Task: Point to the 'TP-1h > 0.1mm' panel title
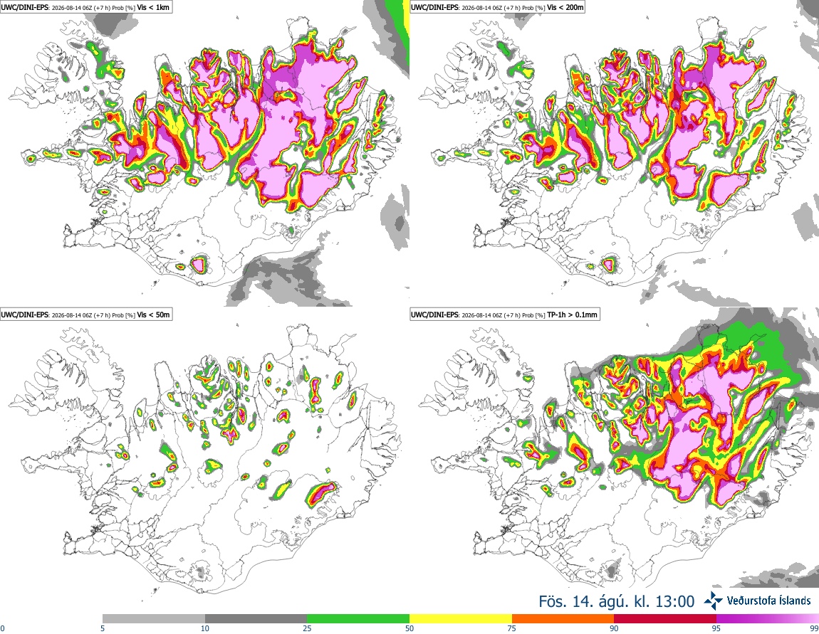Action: (572, 315)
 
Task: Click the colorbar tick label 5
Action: (103, 628)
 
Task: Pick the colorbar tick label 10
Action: (205, 628)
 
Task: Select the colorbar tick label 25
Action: (307, 628)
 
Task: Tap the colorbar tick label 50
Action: (409, 628)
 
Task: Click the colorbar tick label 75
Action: (512, 628)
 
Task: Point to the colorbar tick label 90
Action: (614, 628)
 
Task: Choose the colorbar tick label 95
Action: (716, 628)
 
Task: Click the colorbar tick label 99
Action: (814, 628)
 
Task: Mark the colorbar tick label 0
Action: (2, 628)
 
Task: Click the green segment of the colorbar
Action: (358, 619)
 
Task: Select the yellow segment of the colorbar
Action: (461, 619)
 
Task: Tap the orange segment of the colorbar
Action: (563, 619)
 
